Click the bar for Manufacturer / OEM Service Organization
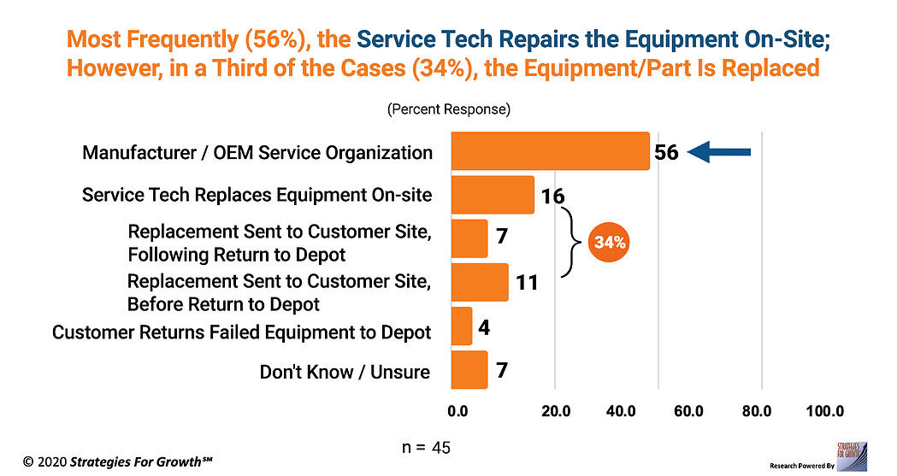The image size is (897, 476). coord(549,151)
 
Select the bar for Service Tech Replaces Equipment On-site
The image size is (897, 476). coord(492,195)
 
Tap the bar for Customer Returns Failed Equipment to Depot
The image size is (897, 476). coord(461,326)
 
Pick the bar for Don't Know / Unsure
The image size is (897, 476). coord(469,370)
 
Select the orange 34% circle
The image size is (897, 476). coord(609,243)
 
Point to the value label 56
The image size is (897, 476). coord(666,153)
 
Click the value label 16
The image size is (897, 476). coord(552,197)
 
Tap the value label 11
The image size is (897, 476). coord(527,282)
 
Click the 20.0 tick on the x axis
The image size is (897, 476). coord(556,411)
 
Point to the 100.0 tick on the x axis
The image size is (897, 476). coord(825,411)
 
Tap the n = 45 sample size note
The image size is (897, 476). coord(426,448)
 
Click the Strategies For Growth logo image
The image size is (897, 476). coord(853,455)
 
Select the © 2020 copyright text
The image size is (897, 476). coord(117,461)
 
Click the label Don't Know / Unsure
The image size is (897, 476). coord(345,373)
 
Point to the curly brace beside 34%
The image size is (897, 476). coord(569,243)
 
